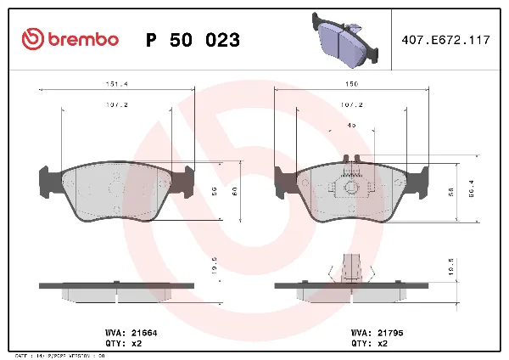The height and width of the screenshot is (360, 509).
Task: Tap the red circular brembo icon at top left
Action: click(x=32, y=39)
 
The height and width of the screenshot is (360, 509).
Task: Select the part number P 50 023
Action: click(x=193, y=40)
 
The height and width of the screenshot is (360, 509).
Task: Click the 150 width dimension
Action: click(x=350, y=84)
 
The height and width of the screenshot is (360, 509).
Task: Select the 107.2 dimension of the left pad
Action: click(x=115, y=106)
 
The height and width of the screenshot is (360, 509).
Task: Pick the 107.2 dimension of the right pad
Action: click(x=350, y=106)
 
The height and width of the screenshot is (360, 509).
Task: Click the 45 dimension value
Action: click(x=351, y=126)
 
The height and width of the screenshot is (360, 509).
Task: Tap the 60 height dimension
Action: click(x=234, y=190)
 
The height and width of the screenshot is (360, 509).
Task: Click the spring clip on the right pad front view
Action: click(x=350, y=183)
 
